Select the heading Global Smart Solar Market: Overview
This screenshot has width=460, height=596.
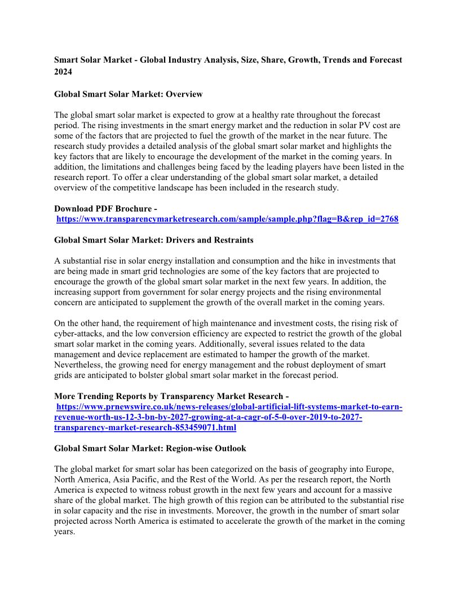(x=128, y=94)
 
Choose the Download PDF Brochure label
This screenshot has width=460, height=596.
(x=105, y=209)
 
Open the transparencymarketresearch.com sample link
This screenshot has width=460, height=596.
(x=227, y=219)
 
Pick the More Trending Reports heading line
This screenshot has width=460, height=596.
(x=171, y=397)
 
